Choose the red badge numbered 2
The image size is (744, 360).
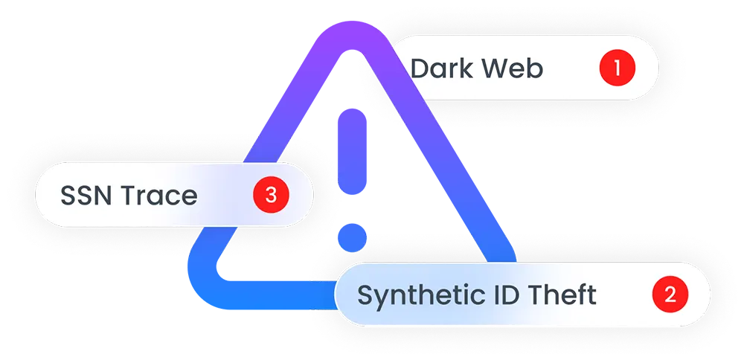(x=670, y=295)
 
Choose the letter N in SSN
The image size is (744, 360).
(x=103, y=196)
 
